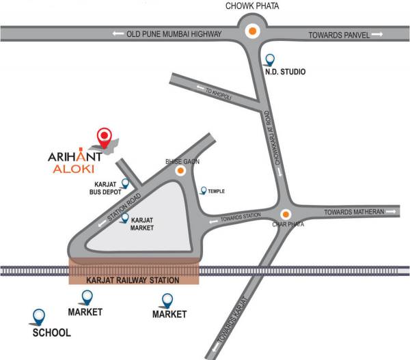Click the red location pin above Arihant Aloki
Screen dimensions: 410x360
point(104,137)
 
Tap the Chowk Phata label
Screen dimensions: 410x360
point(253,7)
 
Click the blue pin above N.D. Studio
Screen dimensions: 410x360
point(271,60)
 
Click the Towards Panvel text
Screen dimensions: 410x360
point(339,34)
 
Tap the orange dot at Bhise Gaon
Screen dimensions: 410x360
point(180,171)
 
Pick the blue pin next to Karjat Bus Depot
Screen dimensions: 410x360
point(125,183)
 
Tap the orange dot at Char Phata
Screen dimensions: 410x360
point(286,213)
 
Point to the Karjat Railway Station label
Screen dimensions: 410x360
point(133,280)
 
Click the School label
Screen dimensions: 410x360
point(52,333)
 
